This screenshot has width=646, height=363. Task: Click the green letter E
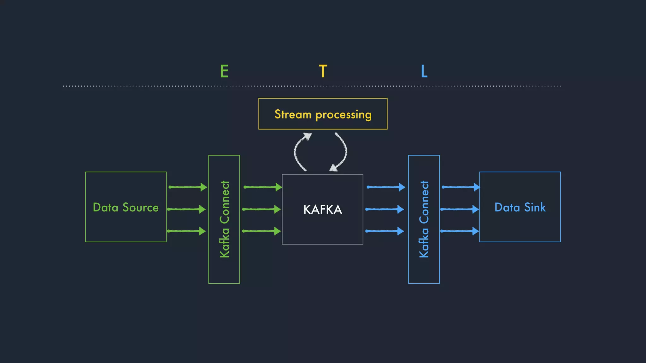224,71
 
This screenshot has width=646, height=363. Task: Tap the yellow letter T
323,71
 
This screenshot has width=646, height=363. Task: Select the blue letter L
424,71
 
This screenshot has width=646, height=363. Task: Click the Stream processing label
323,114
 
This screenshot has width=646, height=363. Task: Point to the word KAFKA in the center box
322,210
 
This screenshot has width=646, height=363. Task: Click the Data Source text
126,207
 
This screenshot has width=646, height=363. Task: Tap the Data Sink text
520,207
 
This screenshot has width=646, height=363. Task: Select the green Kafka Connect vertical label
224,219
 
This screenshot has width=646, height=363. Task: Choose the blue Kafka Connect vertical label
424,219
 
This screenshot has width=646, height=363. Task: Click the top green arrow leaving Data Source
188,187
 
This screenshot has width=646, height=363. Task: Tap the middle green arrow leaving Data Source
186,209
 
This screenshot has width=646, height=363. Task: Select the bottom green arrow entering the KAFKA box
261,231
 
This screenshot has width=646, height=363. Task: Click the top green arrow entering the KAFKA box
262,187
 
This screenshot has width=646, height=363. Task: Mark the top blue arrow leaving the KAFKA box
386,187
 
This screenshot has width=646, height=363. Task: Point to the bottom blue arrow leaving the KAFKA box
385,231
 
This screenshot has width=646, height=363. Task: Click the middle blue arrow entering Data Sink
460,209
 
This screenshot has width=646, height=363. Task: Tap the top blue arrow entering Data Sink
461,187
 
